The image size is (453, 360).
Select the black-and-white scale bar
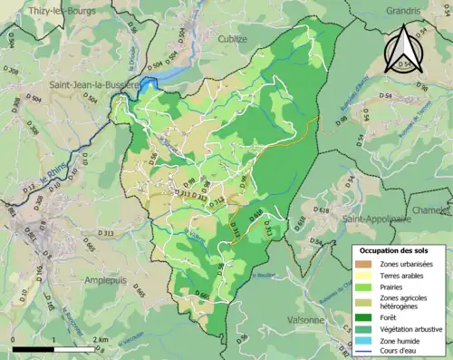pos(53,346)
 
